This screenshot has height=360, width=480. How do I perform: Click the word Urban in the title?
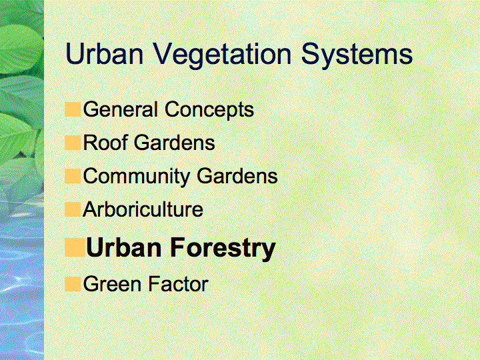click(105, 53)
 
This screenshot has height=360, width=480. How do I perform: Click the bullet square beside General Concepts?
click(73, 109)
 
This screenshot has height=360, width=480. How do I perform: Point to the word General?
click(121, 109)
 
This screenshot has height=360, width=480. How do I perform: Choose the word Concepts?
click(209, 110)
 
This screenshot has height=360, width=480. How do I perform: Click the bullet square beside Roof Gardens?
click(73, 143)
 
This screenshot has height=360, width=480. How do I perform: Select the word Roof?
click(105, 143)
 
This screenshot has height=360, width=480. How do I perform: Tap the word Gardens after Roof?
click(175, 143)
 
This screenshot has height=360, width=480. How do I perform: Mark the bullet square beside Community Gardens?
click(73, 176)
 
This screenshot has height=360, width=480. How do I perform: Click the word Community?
click(137, 177)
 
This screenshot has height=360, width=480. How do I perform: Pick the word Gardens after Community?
click(237, 176)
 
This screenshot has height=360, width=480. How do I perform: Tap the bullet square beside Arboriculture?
click(73, 209)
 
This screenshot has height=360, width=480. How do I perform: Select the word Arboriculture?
click(143, 209)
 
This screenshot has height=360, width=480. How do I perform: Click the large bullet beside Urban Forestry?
click(75, 247)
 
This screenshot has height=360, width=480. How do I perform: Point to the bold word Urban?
click(124, 247)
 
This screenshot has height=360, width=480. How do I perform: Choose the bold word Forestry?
click(223, 249)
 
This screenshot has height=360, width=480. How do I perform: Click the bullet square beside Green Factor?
click(73, 284)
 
